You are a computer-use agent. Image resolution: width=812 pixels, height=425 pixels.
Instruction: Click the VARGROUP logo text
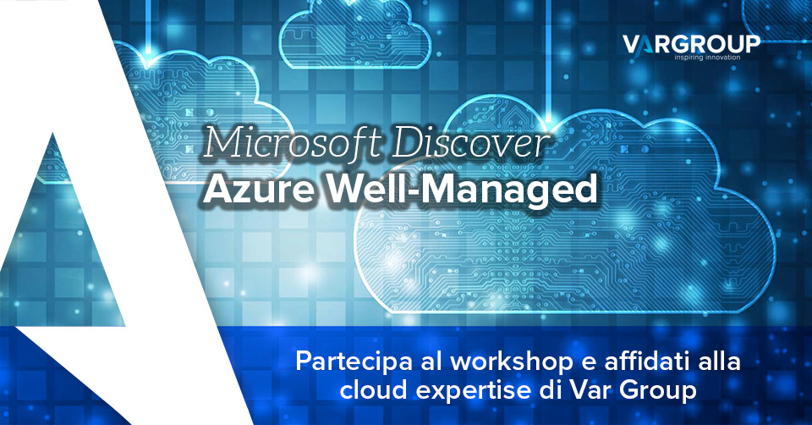coord(691,44)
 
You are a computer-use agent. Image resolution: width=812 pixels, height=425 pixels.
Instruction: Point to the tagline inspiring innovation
coord(707,57)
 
